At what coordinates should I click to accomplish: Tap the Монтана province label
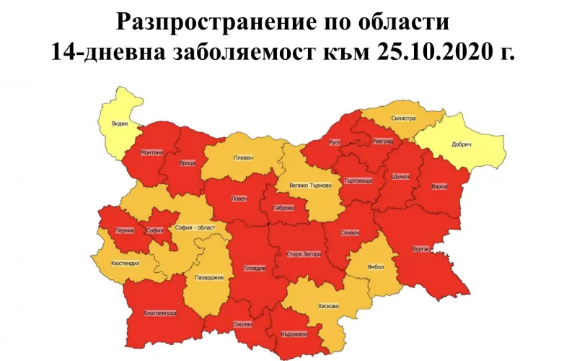click(x=152, y=152)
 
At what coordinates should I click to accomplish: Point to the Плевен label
click(x=242, y=158)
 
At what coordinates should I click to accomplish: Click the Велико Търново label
click(x=309, y=185)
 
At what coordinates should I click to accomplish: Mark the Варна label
click(x=439, y=186)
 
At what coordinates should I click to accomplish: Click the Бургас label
click(x=421, y=250)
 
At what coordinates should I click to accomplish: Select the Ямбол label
click(x=376, y=266)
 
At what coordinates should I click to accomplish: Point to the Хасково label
click(x=328, y=305)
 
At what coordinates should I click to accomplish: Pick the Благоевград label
click(x=160, y=313)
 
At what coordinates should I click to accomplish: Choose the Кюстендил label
click(x=125, y=264)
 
